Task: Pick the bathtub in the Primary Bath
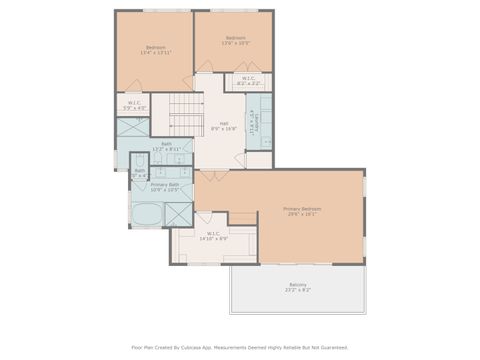(146, 213)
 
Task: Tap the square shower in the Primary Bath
(178, 213)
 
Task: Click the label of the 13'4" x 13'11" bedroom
(155, 47)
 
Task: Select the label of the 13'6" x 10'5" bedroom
(234, 39)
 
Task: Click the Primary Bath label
(165, 184)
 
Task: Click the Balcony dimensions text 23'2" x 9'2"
(298, 290)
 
